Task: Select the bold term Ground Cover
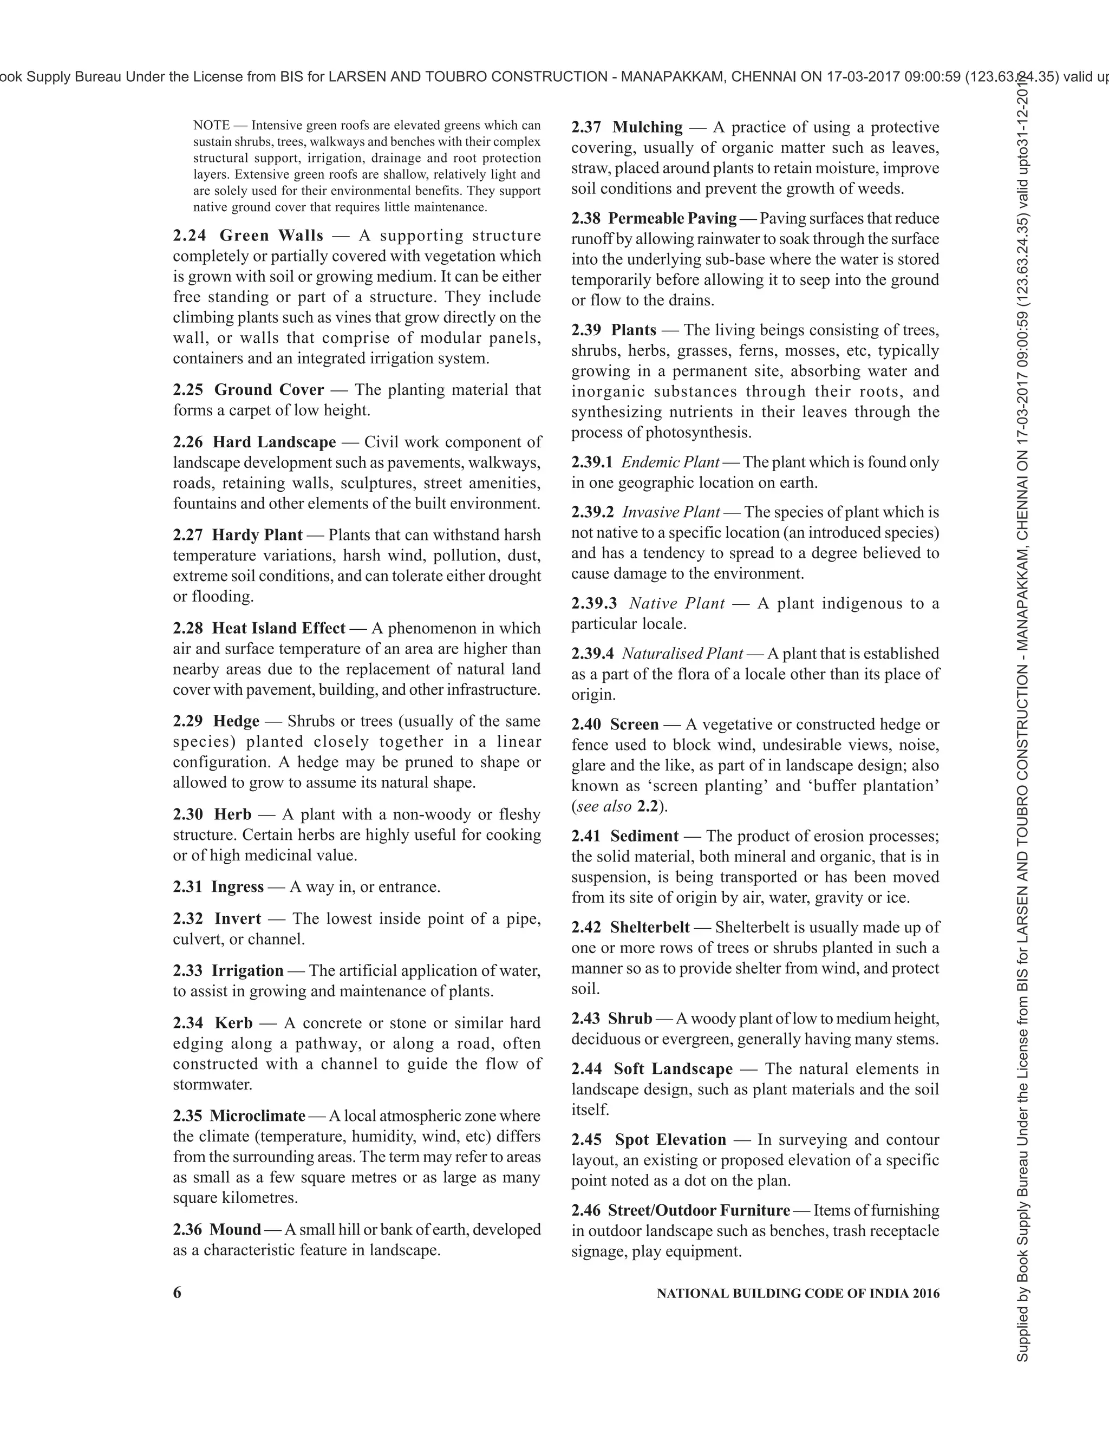tap(269, 390)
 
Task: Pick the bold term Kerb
tap(233, 1022)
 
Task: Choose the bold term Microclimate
tap(258, 1116)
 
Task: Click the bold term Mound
tap(235, 1229)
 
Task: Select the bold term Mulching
tap(647, 127)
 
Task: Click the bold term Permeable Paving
tap(672, 218)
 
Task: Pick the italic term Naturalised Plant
tap(682, 653)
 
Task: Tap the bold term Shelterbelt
tap(650, 927)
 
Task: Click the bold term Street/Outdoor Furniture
tap(699, 1210)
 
